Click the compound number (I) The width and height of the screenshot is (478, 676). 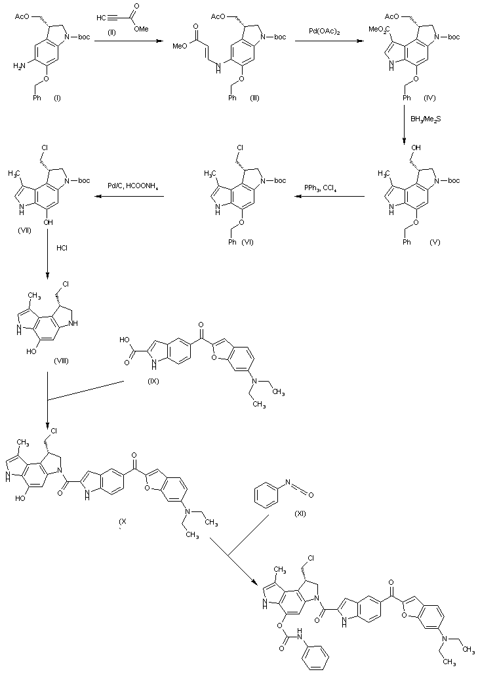pos(57,98)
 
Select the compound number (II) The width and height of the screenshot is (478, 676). pos(111,32)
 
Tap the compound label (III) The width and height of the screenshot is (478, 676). pos(254,98)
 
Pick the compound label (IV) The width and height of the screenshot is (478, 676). pos(429,98)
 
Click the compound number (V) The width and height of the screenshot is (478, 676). pos(435,242)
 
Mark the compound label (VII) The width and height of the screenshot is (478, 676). pos(24,231)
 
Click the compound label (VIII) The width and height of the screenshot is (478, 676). pos(61,361)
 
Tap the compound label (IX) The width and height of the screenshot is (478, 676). pos(153,381)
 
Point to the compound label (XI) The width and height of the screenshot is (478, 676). pos(300,513)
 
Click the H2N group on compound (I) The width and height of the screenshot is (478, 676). pos(20,66)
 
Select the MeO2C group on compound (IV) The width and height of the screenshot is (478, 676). pos(378,30)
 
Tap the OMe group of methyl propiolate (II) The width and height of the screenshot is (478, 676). pos(141,28)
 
